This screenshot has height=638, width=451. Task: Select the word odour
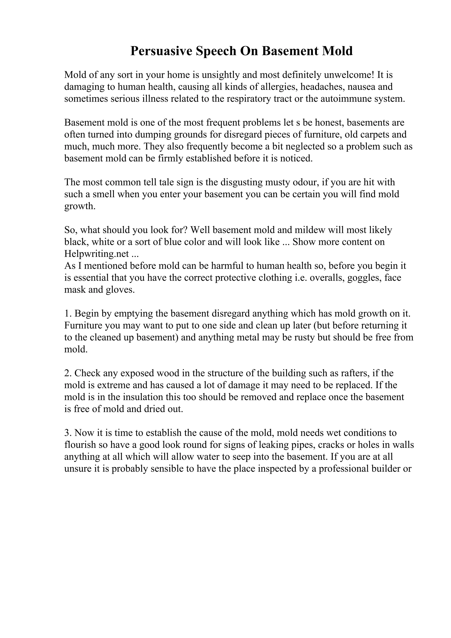305,182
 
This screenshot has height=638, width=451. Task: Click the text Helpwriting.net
96,254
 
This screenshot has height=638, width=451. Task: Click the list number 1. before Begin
68,314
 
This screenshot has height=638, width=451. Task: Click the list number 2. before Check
68,373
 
